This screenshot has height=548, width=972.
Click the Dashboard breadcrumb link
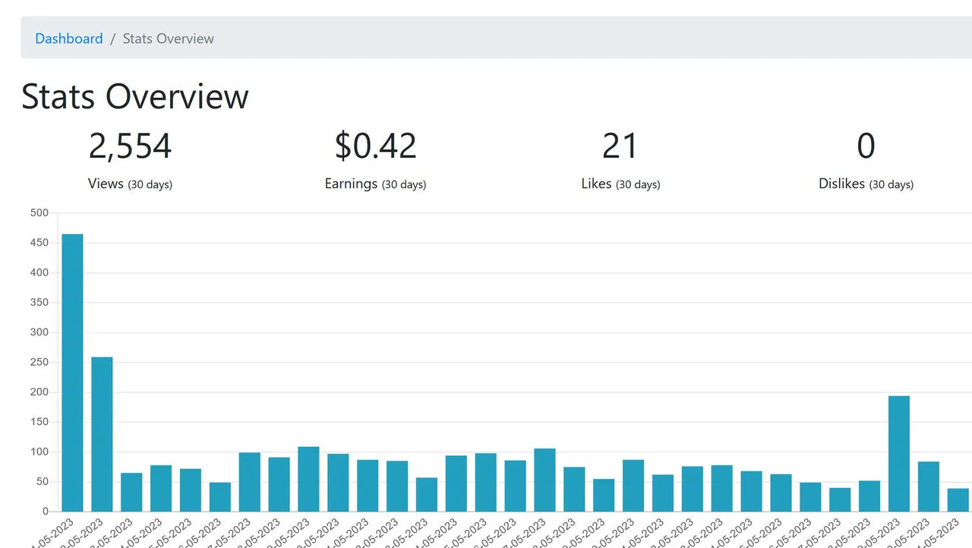click(x=68, y=39)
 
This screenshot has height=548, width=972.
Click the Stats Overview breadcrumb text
click(x=168, y=39)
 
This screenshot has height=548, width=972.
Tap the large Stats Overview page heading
click(x=135, y=96)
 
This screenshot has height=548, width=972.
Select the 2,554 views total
click(x=130, y=146)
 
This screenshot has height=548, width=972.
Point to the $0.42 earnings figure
click(x=375, y=146)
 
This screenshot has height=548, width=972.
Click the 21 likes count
click(x=620, y=146)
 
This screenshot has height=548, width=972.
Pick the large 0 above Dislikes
click(x=866, y=146)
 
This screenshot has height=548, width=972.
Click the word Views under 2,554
click(x=106, y=184)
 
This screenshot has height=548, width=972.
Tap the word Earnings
click(x=351, y=184)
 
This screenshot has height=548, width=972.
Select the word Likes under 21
click(x=596, y=184)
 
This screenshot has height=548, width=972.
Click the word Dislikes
click(x=841, y=184)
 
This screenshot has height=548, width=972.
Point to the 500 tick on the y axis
click(x=39, y=213)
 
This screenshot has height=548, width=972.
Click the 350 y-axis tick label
click(x=39, y=303)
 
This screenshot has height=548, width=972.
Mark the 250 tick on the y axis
click(x=39, y=362)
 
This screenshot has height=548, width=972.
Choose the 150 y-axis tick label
click(x=39, y=422)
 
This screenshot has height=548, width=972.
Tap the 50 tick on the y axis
click(x=43, y=482)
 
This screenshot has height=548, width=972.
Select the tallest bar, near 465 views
click(x=72, y=372)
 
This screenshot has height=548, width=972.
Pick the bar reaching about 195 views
click(x=899, y=454)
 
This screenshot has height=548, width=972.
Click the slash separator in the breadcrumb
click(x=112, y=39)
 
